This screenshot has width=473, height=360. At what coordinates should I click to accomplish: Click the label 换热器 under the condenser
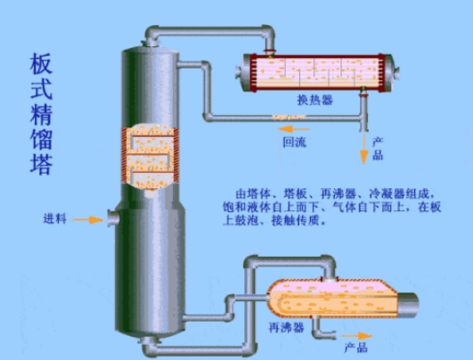315,100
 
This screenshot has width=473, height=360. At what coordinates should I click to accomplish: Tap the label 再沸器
286,327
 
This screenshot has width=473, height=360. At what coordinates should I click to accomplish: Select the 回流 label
295,142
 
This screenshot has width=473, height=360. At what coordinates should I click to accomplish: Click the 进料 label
54,219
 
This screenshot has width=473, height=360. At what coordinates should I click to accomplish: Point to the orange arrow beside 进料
88,220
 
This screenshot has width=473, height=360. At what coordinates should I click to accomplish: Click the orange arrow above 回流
294,129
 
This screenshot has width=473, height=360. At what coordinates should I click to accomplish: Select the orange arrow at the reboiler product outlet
356,336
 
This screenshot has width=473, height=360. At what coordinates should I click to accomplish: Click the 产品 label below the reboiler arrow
356,348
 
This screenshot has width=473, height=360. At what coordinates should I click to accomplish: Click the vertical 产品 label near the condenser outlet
378,149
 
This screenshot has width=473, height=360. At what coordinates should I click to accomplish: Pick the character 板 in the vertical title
41,64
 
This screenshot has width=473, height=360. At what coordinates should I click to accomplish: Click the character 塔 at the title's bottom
41,165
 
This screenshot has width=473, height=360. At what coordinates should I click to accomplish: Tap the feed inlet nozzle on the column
113,217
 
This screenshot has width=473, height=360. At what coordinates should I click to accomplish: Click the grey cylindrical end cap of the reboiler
408,305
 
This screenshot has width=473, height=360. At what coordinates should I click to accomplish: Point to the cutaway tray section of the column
150,157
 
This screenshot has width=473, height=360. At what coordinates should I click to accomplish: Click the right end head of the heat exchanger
391,73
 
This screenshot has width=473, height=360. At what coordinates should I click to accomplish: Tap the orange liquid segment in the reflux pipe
289,117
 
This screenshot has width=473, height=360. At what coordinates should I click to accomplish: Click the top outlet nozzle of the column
151,42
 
